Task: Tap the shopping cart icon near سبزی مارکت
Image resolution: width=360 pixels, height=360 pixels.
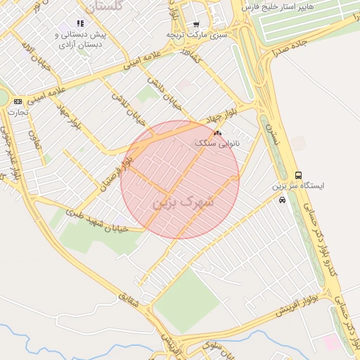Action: [x=196, y=25]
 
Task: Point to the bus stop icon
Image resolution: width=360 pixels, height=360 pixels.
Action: [x=298, y=175]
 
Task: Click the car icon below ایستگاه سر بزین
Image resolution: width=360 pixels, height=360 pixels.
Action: [x=282, y=200]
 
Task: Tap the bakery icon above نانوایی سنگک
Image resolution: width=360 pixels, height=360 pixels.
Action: [x=217, y=132]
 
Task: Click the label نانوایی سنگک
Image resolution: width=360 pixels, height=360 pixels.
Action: [x=217, y=143]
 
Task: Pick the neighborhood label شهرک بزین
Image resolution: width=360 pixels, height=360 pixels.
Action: [x=181, y=200]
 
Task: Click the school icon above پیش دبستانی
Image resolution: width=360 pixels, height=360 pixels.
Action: [x=80, y=23]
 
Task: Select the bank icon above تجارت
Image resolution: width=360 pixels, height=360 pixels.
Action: [x=18, y=101]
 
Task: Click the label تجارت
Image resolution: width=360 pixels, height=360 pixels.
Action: [x=18, y=112]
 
